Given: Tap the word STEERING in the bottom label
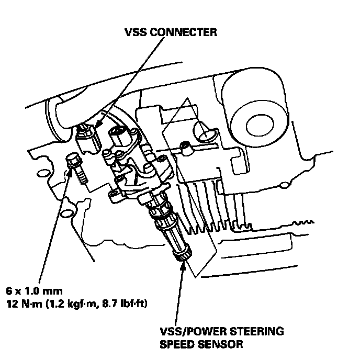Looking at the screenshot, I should (264, 332).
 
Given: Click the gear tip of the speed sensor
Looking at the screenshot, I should (183, 256).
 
